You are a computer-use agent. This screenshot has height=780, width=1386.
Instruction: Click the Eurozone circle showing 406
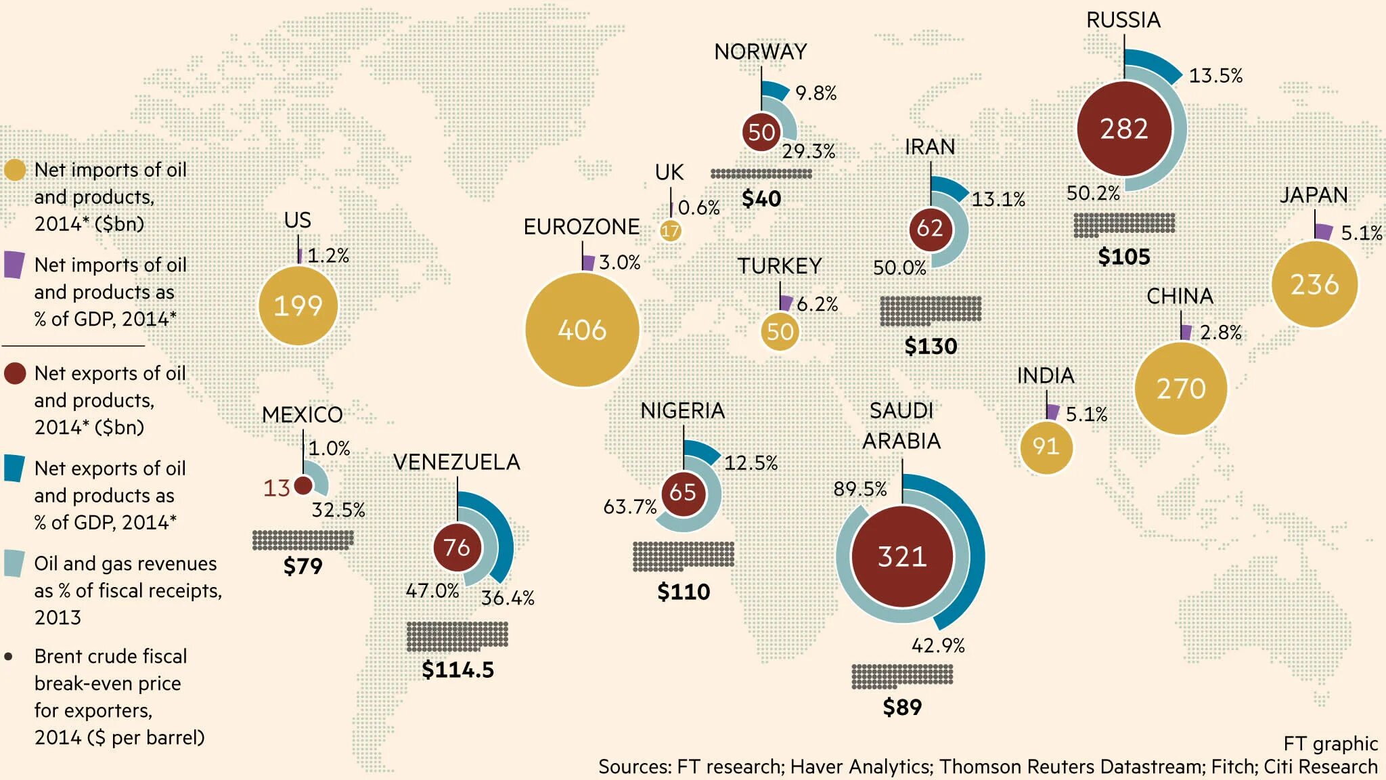coord(582,330)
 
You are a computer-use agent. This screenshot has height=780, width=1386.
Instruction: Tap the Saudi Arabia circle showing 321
coord(902,557)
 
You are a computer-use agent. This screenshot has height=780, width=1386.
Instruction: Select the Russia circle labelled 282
coord(1124,129)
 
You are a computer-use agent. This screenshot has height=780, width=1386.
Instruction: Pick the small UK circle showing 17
coord(670,232)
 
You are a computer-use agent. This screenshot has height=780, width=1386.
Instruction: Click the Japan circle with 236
coord(1314,284)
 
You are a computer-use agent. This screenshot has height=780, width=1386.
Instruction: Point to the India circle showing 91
coord(1046,446)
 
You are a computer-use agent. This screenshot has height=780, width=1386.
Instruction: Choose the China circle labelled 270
coord(1181,389)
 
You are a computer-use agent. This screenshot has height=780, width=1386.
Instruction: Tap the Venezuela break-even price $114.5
coord(457,670)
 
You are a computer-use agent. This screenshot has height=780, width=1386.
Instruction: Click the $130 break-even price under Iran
coord(931,346)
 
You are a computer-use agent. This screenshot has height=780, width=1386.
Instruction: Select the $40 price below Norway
coord(761,198)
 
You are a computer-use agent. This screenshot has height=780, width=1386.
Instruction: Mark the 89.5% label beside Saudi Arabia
coord(859,489)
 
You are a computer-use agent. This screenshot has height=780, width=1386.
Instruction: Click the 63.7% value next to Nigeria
coord(629,506)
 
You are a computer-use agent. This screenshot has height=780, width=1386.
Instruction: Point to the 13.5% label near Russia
coord(1215,75)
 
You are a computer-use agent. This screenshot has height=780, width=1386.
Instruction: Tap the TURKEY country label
coord(779,266)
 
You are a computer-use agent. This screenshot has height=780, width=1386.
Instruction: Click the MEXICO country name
coord(303,414)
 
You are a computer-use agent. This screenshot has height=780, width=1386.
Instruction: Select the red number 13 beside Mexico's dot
coord(276,487)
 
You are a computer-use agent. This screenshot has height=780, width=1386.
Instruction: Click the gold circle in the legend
coord(15,170)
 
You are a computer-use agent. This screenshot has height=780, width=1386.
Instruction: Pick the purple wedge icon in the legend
coord(14,265)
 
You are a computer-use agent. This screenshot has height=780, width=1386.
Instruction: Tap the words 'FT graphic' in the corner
coord(1330,743)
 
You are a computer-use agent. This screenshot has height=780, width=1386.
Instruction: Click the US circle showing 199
coord(298,306)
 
